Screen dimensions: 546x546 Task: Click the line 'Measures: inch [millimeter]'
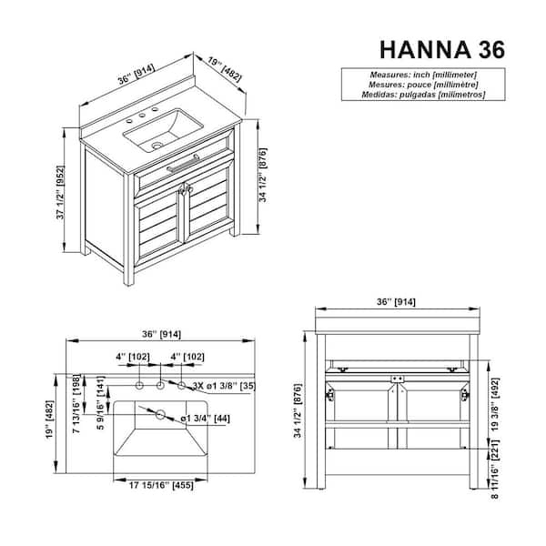[x=414, y=74]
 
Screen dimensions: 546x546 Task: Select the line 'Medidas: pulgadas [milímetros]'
[x=414, y=94]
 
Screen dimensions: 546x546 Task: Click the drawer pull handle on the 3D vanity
[x=182, y=164]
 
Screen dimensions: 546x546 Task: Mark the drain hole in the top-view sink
[x=161, y=414]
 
